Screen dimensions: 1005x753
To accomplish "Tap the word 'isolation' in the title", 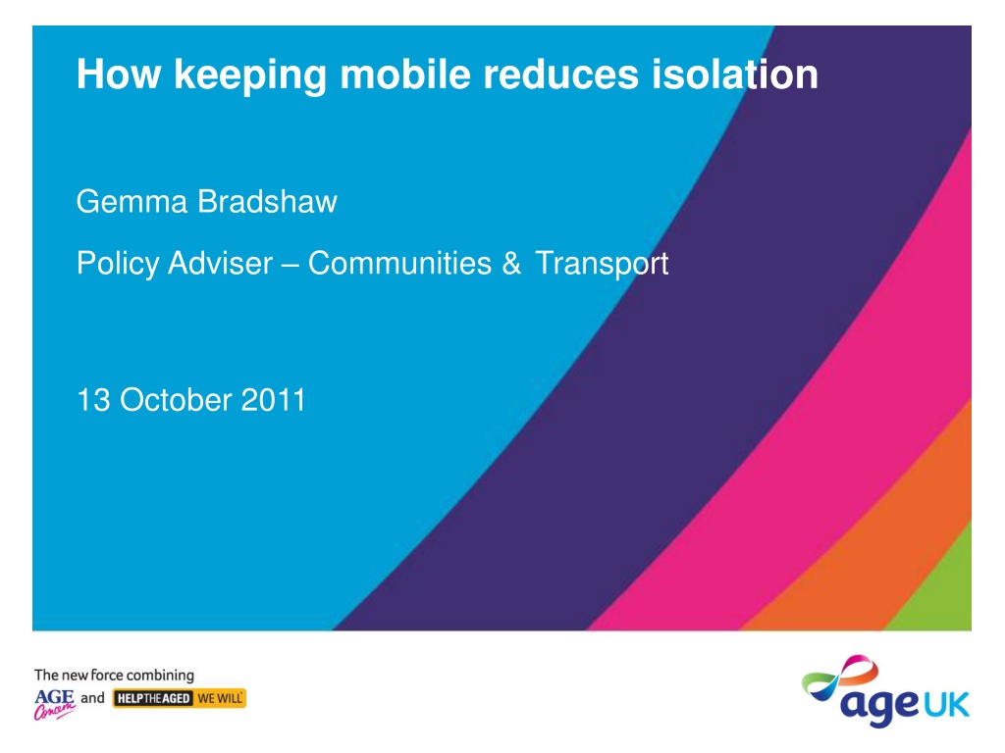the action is (x=734, y=74).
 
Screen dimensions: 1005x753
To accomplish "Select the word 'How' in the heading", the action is (x=119, y=74).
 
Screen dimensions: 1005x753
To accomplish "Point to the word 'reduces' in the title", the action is (x=560, y=74).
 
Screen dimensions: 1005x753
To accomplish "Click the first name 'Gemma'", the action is (x=132, y=202).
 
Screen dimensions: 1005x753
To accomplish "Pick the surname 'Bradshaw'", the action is (x=267, y=202).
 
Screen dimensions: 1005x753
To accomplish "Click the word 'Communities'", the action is (x=400, y=263).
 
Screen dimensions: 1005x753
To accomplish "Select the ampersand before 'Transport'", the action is (x=511, y=263).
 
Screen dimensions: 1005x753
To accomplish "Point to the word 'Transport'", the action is (x=602, y=263).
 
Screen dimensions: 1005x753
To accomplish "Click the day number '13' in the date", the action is (x=93, y=400).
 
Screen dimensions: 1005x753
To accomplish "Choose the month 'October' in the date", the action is (x=176, y=400).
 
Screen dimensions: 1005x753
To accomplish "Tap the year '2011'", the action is (x=273, y=400).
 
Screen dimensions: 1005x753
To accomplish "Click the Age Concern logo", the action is (x=55, y=704).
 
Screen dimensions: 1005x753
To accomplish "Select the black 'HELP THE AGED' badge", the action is (x=153, y=698).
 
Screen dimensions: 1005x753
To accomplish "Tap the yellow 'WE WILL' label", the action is (x=220, y=698).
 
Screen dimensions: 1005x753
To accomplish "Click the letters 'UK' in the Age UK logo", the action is (x=945, y=705).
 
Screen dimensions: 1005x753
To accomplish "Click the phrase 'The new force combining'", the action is (x=114, y=675).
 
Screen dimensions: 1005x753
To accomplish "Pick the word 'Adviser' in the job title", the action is (x=221, y=263).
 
